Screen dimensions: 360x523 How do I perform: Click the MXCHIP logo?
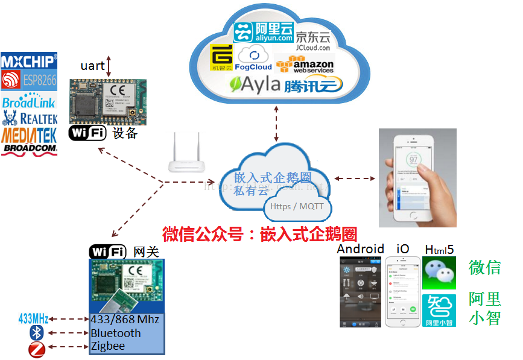29,61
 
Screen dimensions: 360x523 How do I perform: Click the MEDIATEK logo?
29,133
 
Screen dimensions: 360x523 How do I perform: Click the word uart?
92,66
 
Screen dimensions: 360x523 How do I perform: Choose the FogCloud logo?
253,60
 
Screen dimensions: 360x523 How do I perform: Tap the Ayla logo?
256,85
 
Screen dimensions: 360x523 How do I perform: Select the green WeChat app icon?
439,273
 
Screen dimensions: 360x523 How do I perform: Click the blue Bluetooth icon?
36,333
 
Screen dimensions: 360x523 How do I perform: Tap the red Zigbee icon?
36,347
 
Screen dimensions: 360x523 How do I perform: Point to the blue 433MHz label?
33,318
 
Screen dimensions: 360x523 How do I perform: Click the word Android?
360,248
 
